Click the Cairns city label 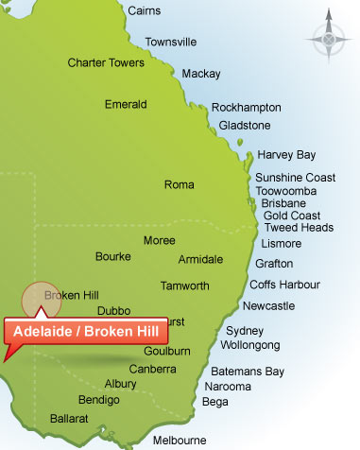(x=143, y=11)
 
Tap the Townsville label (x=170, y=43)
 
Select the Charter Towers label (x=106, y=63)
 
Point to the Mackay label (x=200, y=74)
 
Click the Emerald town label (x=126, y=105)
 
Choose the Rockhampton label (x=246, y=108)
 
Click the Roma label (x=179, y=185)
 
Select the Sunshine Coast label (x=295, y=178)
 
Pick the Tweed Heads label (x=299, y=228)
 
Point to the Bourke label (x=113, y=256)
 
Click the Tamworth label (x=185, y=286)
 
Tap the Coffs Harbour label (x=284, y=285)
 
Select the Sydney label (x=245, y=331)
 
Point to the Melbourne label (x=179, y=441)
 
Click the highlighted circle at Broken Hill (x=41, y=299)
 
